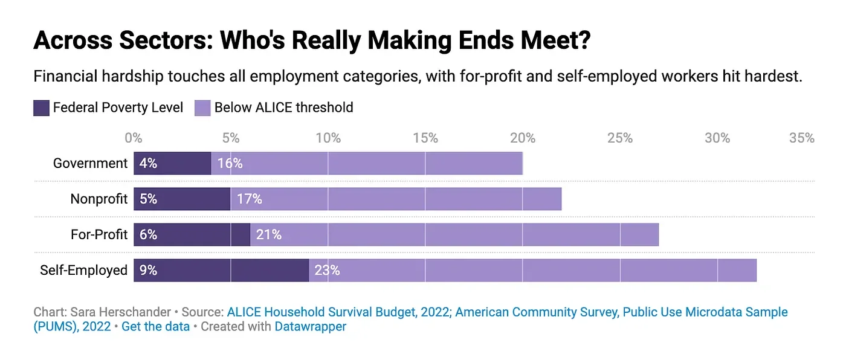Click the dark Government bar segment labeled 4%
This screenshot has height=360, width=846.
click(x=172, y=163)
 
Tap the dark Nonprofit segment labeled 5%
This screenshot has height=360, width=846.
click(x=182, y=199)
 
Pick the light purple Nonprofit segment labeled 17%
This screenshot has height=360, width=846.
click(x=396, y=199)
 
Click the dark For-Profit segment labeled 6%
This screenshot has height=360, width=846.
click(x=192, y=234)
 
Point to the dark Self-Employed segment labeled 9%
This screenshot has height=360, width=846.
click(x=221, y=270)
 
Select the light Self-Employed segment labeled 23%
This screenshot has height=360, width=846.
click(x=532, y=270)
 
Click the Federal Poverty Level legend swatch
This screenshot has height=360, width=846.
click(x=41, y=108)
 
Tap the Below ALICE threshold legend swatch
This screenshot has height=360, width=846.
click(x=202, y=108)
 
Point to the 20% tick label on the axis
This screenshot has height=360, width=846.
click(x=523, y=138)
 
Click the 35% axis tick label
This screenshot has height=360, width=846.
click(x=802, y=138)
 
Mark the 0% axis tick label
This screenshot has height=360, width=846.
click(x=134, y=138)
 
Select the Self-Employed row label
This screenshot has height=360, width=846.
click(x=83, y=270)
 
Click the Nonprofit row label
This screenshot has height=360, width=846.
click(x=98, y=199)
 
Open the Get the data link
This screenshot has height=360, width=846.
click(x=155, y=327)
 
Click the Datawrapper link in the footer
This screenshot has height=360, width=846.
click(x=310, y=327)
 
